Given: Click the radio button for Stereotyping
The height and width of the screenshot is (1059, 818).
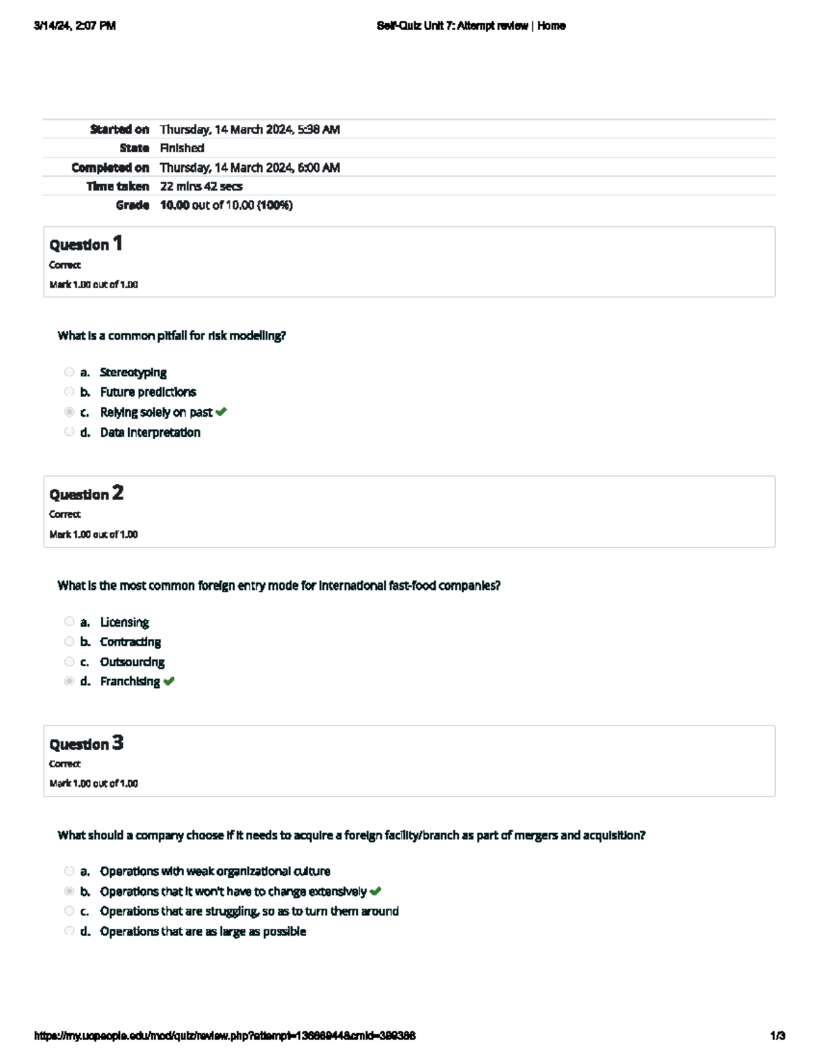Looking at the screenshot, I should point(69,372).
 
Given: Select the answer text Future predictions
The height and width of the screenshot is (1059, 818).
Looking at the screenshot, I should point(148,392).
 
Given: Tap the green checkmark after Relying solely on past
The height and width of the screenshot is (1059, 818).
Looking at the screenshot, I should point(221,412).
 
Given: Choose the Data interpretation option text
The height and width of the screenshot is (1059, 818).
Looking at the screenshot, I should point(150,432).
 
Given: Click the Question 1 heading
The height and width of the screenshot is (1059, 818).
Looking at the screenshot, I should point(86,244).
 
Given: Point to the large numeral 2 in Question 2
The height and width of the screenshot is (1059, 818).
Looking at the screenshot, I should point(118,493).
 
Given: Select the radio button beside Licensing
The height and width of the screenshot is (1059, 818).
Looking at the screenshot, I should point(69,621).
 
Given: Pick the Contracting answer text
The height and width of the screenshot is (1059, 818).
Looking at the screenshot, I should point(130,642).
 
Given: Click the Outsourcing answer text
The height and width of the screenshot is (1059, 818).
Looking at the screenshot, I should point(132,662).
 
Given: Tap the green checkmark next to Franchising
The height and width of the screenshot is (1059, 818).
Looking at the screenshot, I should point(169,681).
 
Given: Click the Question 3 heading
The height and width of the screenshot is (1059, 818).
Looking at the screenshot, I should point(86,743).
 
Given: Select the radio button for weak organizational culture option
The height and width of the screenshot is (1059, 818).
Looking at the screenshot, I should point(69,871).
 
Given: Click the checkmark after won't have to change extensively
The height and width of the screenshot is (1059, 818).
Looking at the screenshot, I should point(375,891).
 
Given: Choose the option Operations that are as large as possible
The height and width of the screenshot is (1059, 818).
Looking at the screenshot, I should point(202,931).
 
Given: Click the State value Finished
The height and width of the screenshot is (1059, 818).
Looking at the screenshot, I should point(182,148).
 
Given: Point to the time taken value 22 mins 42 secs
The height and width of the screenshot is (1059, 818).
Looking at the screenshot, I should point(201,186).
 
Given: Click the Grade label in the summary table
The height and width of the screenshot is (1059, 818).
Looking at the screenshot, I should point(132,205).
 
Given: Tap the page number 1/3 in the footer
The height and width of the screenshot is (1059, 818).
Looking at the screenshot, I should point(778,1036).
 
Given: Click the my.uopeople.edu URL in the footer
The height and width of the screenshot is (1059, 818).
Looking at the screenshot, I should point(225,1036).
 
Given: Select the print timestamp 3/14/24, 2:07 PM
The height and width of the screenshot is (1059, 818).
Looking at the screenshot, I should point(75,26).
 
